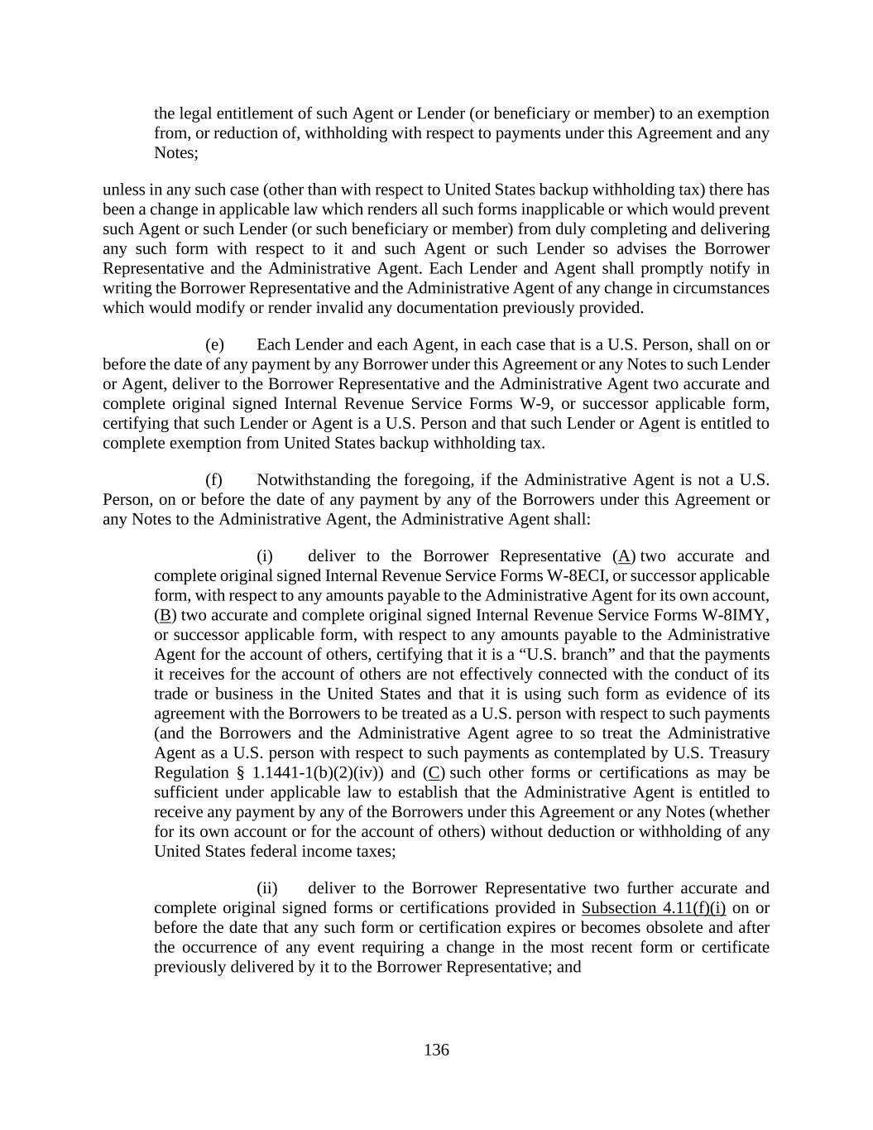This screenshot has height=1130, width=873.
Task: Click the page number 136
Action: [436, 1050]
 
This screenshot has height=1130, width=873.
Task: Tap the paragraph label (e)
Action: [214, 344]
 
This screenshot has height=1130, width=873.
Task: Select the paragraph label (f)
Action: [213, 480]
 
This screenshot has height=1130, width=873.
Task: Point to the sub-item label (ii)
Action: [266, 888]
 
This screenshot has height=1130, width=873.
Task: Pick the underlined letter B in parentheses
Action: [165, 615]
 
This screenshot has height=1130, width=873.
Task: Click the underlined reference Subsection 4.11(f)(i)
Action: [653, 908]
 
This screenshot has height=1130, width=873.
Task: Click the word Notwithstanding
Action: [312, 480]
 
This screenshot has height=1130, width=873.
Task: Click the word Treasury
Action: [736, 753]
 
